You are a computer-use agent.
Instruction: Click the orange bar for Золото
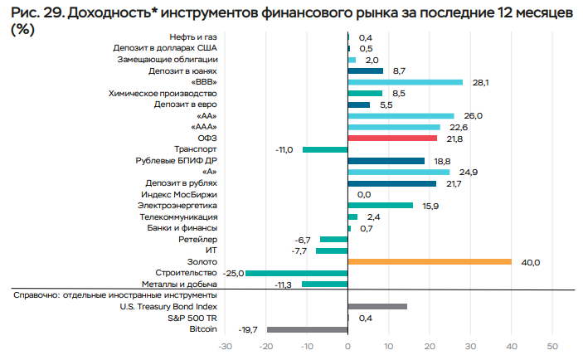[430, 262]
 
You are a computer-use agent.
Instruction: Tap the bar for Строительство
[296, 273]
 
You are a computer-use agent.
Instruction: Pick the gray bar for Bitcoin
[307, 329]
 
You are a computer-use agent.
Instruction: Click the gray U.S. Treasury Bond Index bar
[377, 307]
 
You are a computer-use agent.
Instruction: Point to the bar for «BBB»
[405, 82]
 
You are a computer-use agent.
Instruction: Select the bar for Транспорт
[325, 149]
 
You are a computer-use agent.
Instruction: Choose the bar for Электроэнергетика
[380, 206]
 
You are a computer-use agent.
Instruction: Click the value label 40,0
[531, 262]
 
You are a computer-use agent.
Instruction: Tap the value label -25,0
[232, 273]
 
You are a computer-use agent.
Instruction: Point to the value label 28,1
[480, 82]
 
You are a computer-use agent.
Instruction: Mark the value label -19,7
[250, 329]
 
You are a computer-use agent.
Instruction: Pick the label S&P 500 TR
[192, 318]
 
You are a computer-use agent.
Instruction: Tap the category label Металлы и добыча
[181, 285]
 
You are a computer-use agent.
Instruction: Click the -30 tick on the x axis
[225, 345]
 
